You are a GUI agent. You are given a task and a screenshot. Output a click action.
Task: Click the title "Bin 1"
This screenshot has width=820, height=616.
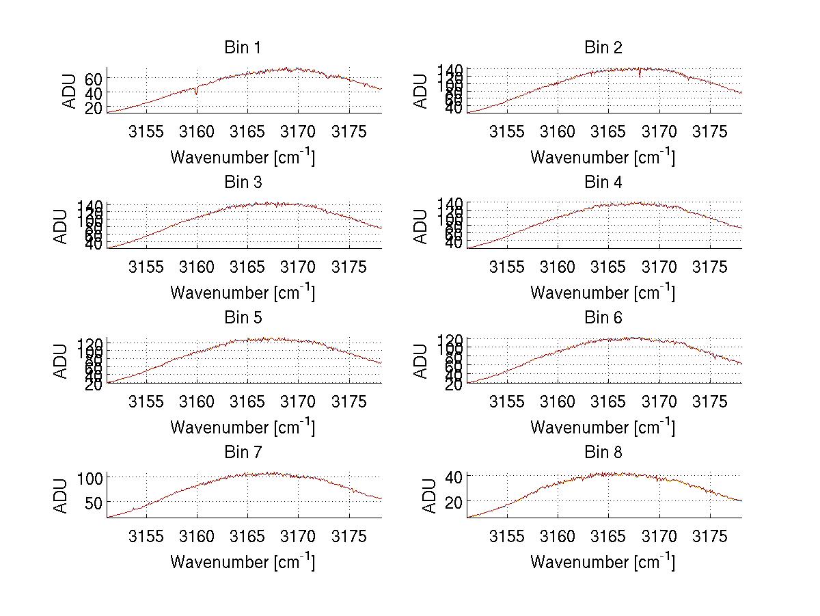243,48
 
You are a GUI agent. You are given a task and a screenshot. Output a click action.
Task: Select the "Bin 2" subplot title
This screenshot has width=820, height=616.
603,48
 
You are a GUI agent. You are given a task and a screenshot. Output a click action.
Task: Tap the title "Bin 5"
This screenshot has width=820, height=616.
243,318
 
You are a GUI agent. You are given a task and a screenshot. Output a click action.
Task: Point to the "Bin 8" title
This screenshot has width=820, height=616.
603,453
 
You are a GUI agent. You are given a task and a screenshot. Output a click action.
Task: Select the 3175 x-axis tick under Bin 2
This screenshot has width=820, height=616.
710,132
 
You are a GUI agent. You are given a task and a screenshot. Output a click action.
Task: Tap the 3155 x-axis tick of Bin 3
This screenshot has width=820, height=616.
146,267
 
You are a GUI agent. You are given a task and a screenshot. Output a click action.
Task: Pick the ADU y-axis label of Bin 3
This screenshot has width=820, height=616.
61,226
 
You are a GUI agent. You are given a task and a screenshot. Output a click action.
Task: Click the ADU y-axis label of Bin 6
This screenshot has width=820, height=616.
422,361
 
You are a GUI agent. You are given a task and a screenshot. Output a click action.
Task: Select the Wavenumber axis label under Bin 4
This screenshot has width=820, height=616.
603,292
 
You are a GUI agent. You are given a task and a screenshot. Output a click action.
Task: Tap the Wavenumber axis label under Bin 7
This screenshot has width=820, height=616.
243,561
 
